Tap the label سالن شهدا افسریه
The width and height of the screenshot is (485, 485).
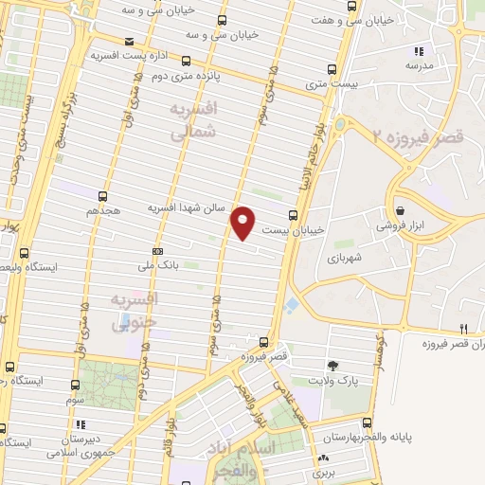click(188, 207)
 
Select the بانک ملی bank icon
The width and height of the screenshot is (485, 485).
click(157, 250)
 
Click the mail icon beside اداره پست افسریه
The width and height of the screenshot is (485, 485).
click(130, 41)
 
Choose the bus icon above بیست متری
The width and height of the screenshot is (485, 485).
click(332, 68)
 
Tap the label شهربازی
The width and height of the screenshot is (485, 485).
click(349, 258)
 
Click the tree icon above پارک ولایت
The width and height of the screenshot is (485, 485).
click(332, 365)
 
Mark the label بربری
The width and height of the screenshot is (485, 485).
click(325, 471)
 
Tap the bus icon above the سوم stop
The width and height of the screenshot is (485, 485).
click(76, 386)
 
